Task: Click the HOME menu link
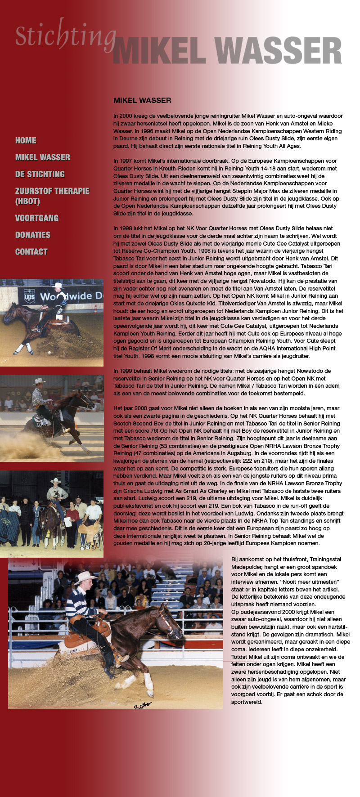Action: (26, 140)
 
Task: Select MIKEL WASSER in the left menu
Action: (43, 157)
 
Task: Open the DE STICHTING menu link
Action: (40, 174)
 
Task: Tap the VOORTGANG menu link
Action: (37, 218)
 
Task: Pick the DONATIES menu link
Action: (33, 235)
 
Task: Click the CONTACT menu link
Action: (31, 252)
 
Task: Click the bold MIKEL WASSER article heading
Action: (142, 100)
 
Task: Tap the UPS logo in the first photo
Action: (29, 296)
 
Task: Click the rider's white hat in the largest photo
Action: (85, 577)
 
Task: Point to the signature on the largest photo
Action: (143, 705)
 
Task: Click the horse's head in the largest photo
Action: (166, 623)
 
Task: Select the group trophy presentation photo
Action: (52, 514)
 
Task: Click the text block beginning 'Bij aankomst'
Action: (290, 630)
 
